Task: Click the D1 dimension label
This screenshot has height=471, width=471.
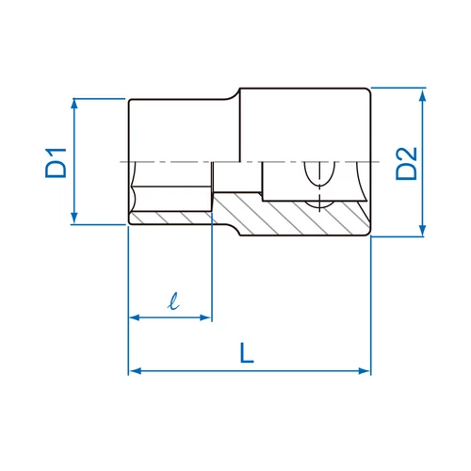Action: click(x=56, y=163)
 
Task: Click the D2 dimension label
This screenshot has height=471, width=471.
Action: click(x=406, y=163)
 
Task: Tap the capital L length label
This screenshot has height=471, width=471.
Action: click(x=247, y=352)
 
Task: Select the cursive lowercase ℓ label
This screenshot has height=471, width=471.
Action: click(x=173, y=301)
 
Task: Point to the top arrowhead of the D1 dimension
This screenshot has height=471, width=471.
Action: click(x=74, y=105)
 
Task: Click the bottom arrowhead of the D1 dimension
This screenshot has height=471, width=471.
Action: click(x=74, y=218)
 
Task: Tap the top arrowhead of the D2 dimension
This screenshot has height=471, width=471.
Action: click(x=423, y=94)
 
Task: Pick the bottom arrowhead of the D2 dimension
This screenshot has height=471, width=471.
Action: click(x=423, y=230)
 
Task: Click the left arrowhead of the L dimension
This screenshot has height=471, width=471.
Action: click(x=136, y=371)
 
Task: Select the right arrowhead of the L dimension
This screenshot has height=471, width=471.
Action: click(x=365, y=371)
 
